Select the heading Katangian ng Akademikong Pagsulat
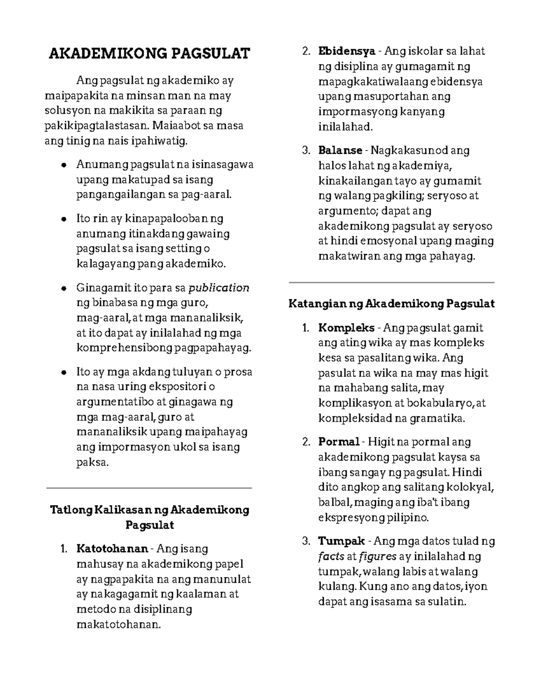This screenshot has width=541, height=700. click(391, 304)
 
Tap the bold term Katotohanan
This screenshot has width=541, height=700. click(112, 549)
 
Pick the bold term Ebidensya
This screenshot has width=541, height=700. click(347, 51)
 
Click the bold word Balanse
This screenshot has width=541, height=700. click(340, 150)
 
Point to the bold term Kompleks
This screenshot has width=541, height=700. click(346, 328)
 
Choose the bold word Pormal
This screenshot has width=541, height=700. click(339, 442)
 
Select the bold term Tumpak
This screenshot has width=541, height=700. click(341, 541)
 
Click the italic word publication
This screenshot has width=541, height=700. click(219, 288)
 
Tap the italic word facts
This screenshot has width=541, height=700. click(331, 556)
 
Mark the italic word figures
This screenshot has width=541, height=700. click(377, 556)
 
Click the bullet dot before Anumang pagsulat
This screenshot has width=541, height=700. click(64, 165)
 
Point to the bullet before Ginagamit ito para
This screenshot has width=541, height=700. click(64, 288)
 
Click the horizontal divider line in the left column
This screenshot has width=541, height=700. click(149, 488)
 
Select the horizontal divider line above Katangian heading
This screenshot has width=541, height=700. click(391, 282)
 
